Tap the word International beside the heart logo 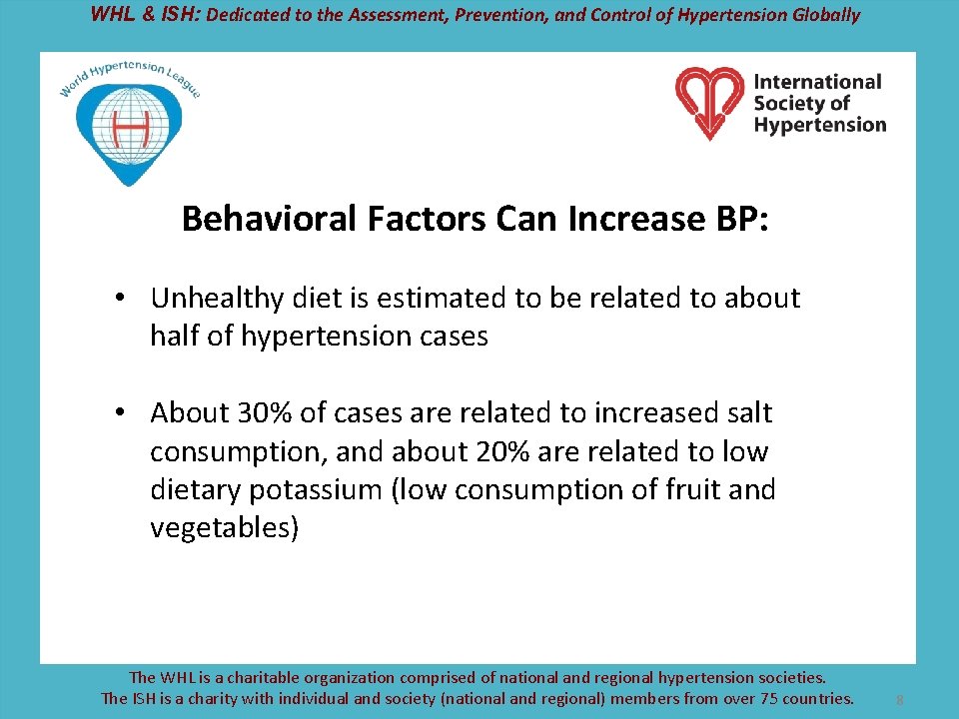coord(817,82)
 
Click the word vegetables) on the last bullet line coord(224,528)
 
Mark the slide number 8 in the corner coord(899,701)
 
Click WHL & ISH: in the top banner coord(145,14)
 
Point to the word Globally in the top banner coord(824,14)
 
